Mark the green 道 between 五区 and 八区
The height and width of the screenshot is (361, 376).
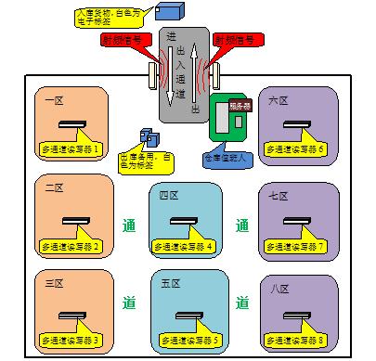[x=243, y=303]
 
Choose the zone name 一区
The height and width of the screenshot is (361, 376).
[x=53, y=99]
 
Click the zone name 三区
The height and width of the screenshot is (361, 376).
[x=53, y=281]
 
